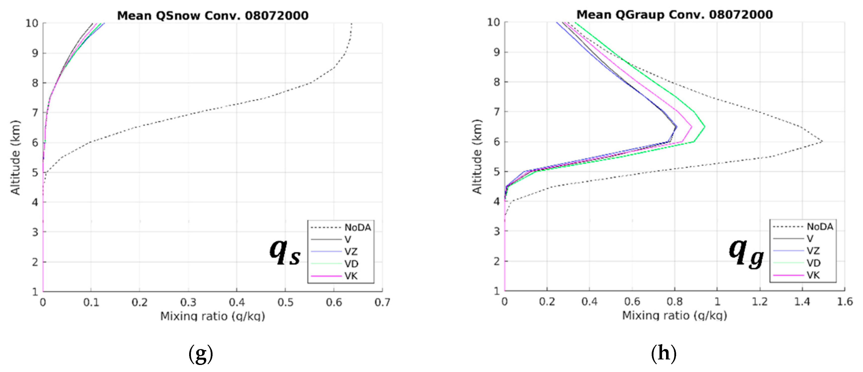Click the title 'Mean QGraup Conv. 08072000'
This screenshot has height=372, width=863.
tap(674, 15)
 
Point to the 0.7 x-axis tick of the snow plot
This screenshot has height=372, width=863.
tap(382, 303)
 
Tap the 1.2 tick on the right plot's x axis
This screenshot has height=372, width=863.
tap(759, 302)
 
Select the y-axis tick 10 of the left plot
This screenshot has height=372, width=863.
tap(32, 23)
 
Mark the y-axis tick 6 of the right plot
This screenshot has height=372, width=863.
tap(497, 142)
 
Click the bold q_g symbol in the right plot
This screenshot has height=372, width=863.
tap(746, 254)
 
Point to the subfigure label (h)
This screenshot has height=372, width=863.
tap(663, 354)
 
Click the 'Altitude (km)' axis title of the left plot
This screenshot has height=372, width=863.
tap(15, 157)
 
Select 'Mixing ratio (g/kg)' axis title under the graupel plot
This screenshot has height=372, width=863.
tap(674, 315)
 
